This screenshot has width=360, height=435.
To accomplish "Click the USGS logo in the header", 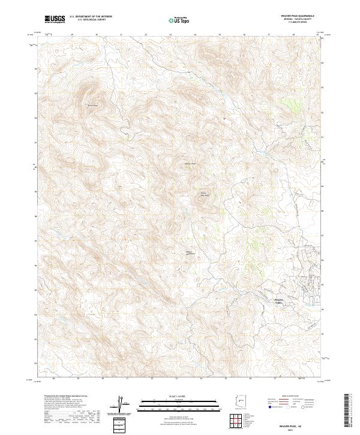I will (55, 20).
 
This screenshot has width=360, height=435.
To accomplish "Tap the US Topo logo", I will (179, 20).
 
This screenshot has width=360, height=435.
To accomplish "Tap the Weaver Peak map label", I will (190, 163).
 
